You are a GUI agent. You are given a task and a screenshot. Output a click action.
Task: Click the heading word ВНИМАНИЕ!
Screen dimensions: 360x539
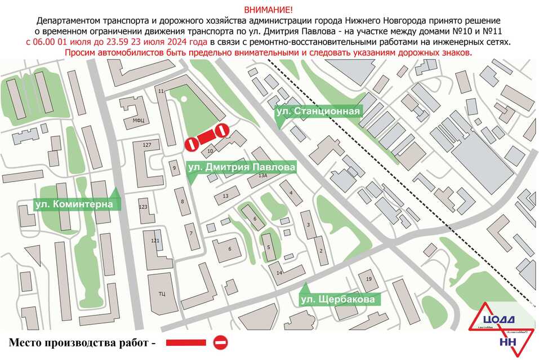[x=269, y=10]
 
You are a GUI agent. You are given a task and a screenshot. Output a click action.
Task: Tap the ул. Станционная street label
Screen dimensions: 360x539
[x=318, y=111]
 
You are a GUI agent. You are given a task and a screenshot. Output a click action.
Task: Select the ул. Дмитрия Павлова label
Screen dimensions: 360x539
[x=241, y=167]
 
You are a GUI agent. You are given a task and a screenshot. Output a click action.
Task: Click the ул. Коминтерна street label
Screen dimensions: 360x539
[x=74, y=204]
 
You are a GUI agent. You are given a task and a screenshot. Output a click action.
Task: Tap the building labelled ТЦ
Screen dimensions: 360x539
[x=162, y=294]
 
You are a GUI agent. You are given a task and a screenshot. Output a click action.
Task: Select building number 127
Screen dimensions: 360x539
[x=147, y=145]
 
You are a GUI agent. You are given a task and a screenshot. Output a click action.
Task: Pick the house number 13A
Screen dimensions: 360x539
[x=262, y=176]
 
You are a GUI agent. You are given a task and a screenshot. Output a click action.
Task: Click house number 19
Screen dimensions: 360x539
[x=369, y=279]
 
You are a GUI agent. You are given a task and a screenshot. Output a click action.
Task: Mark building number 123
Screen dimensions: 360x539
[x=143, y=207]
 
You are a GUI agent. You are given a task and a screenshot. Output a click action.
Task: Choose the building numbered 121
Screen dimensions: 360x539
[x=155, y=241]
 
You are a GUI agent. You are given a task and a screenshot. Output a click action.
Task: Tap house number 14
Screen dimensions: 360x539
[x=279, y=273]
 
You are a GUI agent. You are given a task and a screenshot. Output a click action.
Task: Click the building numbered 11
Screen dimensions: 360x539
[x=161, y=91]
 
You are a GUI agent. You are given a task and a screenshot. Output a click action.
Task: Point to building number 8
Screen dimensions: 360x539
[x=182, y=201]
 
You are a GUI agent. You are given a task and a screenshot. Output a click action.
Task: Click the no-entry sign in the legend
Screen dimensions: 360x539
[x=220, y=342]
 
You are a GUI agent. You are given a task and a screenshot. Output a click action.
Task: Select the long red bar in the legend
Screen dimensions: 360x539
[x=186, y=342]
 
